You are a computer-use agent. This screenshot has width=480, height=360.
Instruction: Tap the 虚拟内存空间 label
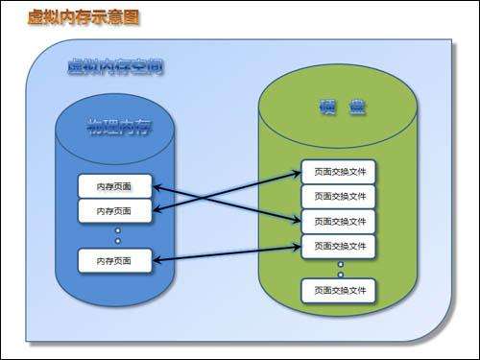tap(115, 67)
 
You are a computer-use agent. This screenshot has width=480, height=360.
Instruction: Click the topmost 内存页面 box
tap(115, 185)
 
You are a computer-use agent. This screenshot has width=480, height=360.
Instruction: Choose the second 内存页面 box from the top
tap(115, 210)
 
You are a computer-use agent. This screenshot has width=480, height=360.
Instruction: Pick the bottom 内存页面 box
tap(115, 259)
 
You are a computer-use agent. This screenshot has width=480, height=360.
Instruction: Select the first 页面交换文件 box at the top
tap(339, 172)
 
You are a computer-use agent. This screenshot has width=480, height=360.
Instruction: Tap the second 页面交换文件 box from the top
tap(339, 197)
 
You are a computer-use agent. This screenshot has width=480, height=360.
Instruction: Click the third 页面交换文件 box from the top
tap(339, 222)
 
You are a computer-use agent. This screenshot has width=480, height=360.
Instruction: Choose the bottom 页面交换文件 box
tap(339, 289)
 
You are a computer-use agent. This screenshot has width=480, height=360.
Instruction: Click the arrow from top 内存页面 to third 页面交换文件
tap(259, 210)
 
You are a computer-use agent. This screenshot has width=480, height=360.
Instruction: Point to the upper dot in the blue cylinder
tap(117, 230)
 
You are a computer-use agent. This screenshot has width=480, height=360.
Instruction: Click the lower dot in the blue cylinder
tap(117, 241)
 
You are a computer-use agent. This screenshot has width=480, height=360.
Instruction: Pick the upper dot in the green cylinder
tap(339, 263)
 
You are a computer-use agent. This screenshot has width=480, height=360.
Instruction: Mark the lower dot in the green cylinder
tap(339, 273)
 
